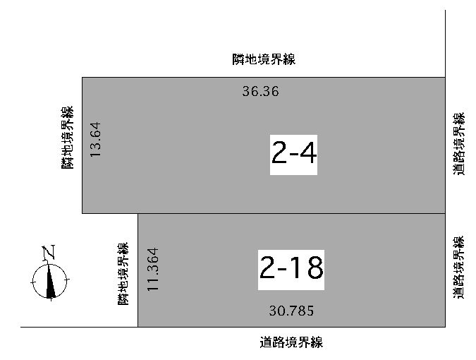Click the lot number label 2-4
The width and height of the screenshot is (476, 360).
coord(293,155)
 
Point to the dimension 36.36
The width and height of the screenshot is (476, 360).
coord(260,92)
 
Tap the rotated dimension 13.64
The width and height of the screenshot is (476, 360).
coord(95,140)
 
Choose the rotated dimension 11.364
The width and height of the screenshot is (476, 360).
coord(153,269)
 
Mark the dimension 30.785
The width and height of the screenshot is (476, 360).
coord(291,311)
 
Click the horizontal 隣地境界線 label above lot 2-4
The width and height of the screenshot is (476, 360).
coord(264,59)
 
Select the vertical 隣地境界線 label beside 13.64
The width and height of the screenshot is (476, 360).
coord(67,138)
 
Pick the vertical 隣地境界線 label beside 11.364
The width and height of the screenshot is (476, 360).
coord(123,273)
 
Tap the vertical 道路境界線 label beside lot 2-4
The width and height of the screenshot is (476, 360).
coord(458,144)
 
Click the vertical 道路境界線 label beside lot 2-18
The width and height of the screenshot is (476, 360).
coord(458,267)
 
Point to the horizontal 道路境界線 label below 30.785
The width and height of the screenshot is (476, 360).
coord(291,342)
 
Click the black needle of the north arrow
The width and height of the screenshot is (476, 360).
coord(50,282)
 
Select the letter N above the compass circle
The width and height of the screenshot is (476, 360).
coord(49,252)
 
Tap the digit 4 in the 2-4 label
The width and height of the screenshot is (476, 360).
coord(307,152)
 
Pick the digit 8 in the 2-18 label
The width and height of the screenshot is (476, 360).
coord(315,267)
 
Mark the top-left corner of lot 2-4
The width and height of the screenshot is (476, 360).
coord(83,78)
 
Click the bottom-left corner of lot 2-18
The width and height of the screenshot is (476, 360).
coord(138,327)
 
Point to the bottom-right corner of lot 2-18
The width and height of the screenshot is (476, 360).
coord(445,327)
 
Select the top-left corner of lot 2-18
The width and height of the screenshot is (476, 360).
coord(138,214)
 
